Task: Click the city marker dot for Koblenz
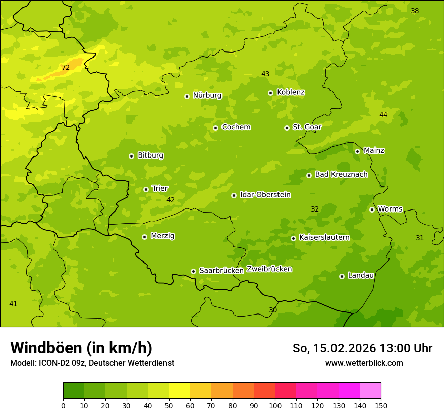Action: click(270, 93)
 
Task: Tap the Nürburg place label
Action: click(207, 95)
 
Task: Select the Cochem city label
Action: click(236, 127)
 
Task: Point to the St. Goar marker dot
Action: click(287, 128)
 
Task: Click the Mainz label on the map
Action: click(374, 150)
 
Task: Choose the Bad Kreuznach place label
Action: click(341, 174)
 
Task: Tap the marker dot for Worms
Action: click(372, 210)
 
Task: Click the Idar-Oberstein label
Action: click(265, 194)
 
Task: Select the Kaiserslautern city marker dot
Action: click(293, 238)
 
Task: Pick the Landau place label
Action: click(361, 275)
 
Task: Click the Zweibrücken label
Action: click(269, 269)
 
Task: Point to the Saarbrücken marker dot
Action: click(193, 271)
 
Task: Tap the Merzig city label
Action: click(162, 236)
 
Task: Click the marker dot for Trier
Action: click(146, 189)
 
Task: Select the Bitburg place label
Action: click(150, 155)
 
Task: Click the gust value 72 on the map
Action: click(66, 67)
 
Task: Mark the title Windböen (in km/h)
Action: click(81, 348)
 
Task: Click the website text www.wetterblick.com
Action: click(364, 363)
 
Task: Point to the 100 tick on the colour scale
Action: click(275, 405)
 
